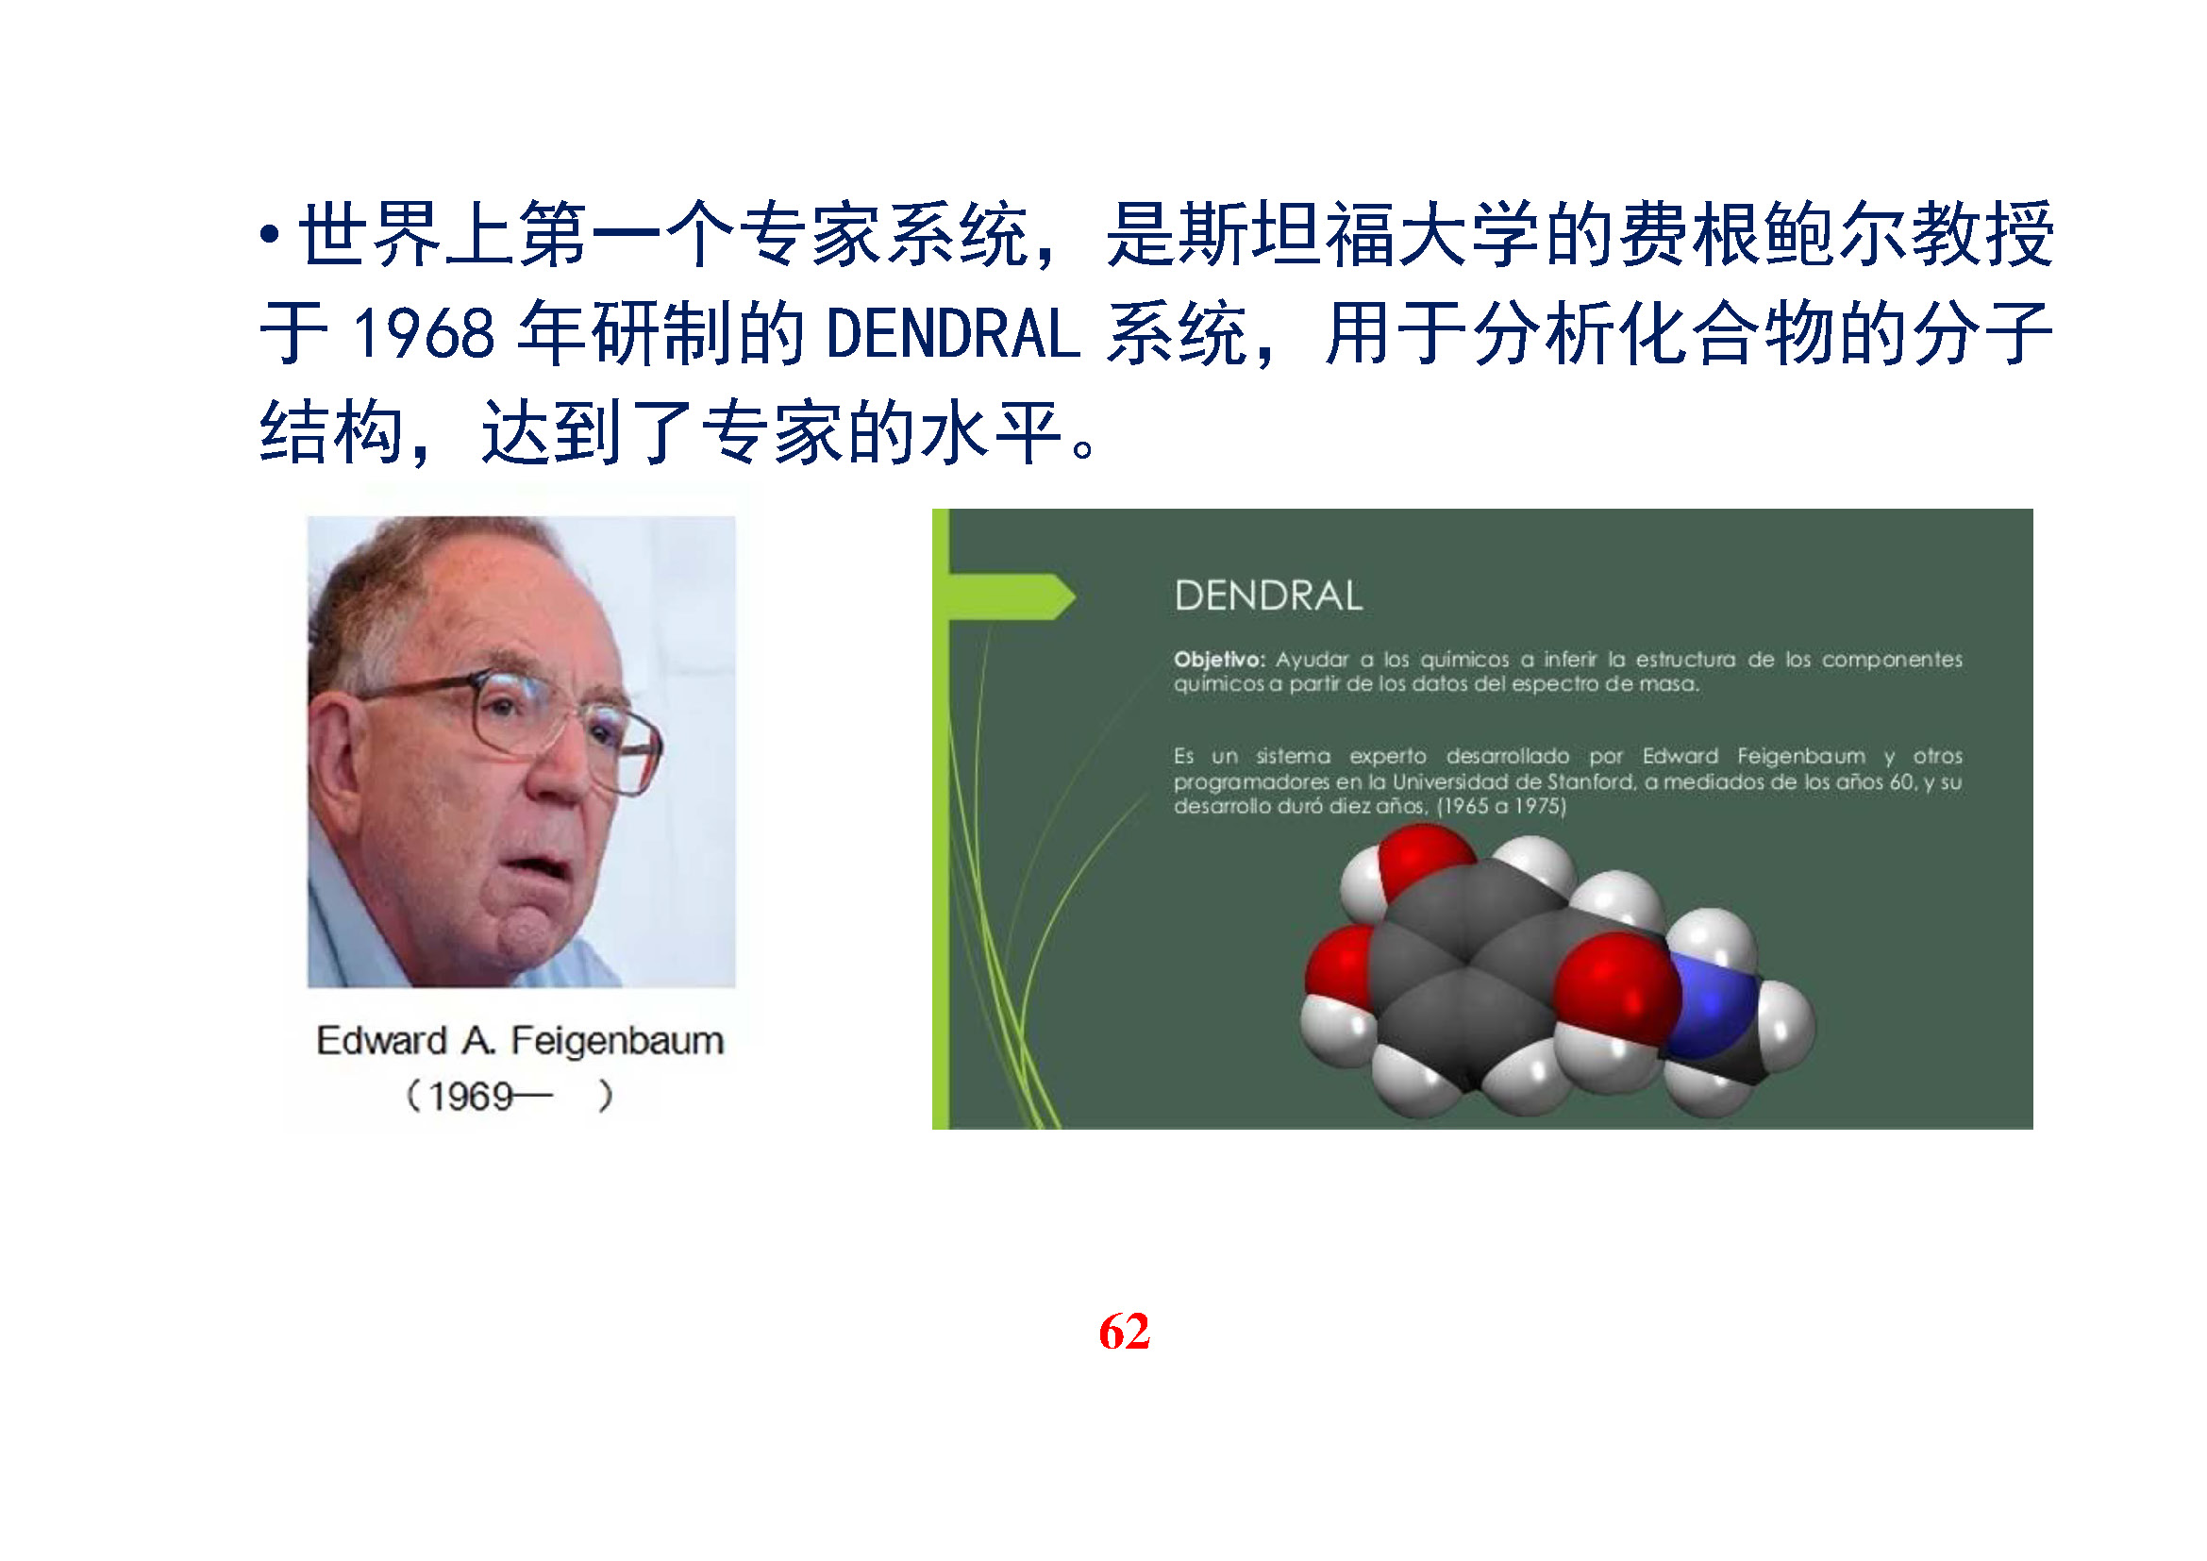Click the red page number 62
pyautogui.click(x=1124, y=1332)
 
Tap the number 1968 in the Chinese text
pyautogui.click(x=424, y=333)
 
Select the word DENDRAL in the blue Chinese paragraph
pyautogui.click(x=954, y=333)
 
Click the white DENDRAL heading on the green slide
pyautogui.click(x=1268, y=596)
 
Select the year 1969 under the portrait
pyautogui.click(x=471, y=1097)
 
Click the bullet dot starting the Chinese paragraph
pyautogui.click(x=270, y=233)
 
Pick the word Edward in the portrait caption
pyautogui.click(x=381, y=1041)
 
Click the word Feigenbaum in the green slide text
pyautogui.click(x=1801, y=757)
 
